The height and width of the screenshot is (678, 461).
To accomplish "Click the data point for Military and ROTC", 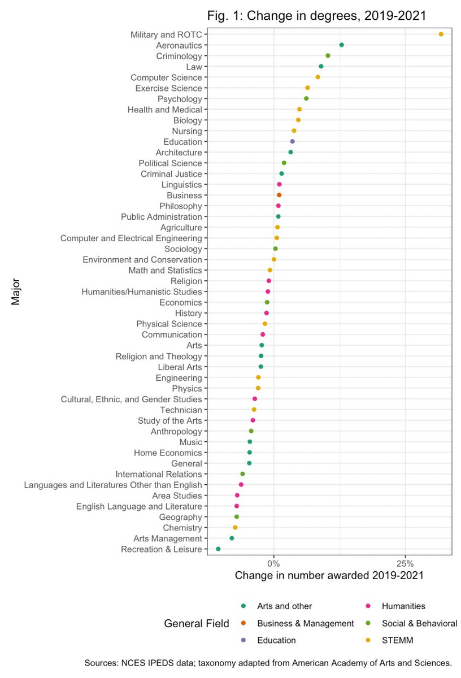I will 441,34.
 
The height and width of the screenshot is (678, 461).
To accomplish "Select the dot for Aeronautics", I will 341,45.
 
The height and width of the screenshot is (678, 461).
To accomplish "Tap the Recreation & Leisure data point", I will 218,549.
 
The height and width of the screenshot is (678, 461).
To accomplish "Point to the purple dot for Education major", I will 292,141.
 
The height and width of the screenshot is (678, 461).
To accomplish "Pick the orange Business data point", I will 279,195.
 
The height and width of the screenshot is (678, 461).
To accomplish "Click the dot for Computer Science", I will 318,77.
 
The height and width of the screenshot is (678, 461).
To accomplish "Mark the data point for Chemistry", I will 235,527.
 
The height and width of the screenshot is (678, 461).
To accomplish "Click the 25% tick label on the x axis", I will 405,563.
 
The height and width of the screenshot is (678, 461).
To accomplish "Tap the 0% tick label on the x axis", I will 273,563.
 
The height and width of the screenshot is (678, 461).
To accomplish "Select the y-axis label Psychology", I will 180,99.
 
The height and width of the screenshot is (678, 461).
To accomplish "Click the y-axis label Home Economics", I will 168,453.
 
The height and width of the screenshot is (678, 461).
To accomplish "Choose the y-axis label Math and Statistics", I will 166,270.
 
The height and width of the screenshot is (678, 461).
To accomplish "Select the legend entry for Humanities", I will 403,606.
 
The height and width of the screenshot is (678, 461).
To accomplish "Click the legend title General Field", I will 196,624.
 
